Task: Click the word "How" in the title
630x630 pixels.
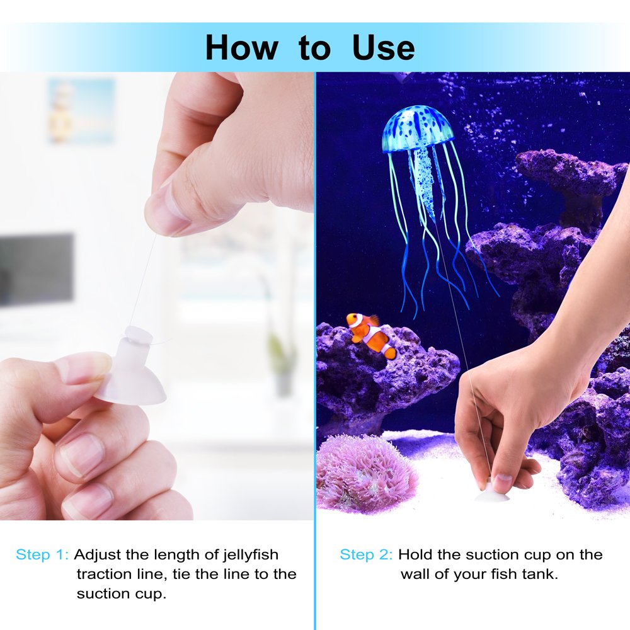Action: click(241, 47)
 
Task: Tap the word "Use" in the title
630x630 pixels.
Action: click(383, 47)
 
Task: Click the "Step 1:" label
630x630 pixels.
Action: click(42, 555)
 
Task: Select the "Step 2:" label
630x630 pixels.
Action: click(366, 555)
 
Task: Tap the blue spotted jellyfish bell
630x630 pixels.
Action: click(418, 129)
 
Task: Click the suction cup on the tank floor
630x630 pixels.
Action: click(492, 493)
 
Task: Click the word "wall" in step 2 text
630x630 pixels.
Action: click(415, 574)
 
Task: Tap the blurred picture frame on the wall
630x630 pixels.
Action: click(81, 110)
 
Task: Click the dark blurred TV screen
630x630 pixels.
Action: click(36, 269)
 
